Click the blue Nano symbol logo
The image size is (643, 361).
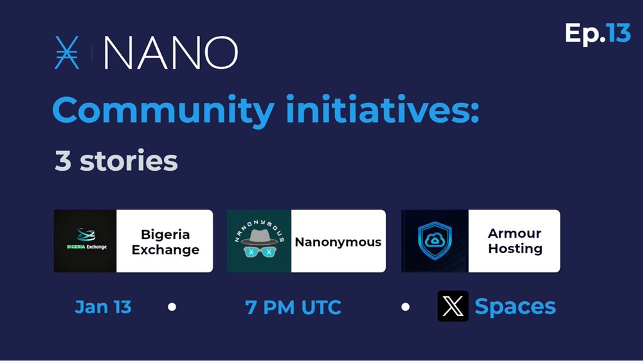pyautogui.click(x=66, y=53)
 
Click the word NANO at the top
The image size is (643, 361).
pyautogui.click(x=170, y=53)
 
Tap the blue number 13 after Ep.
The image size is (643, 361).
pyautogui.click(x=619, y=33)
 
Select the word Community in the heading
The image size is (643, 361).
pyautogui.click(x=163, y=110)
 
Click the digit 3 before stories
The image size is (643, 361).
pyautogui.click(x=63, y=161)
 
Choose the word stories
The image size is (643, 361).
pyautogui.click(x=129, y=161)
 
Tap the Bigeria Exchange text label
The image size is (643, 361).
pyautogui.click(x=165, y=242)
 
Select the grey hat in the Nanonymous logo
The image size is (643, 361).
pyautogui.click(x=258, y=237)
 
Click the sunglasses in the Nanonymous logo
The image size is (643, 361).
pyautogui.click(x=260, y=251)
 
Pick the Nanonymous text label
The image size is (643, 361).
pyautogui.click(x=338, y=242)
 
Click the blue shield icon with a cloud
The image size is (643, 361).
pyautogui.click(x=435, y=240)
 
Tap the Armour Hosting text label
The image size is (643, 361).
pyautogui.click(x=515, y=241)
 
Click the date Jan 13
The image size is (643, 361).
pyautogui.click(x=103, y=307)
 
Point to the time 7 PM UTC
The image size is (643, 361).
pyautogui.click(x=293, y=307)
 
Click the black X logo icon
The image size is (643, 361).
pyautogui.click(x=453, y=306)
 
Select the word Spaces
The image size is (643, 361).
pyautogui.click(x=515, y=306)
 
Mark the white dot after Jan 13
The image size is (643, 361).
pyautogui.click(x=172, y=307)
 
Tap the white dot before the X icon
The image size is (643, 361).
pyautogui.click(x=405, y=306)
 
